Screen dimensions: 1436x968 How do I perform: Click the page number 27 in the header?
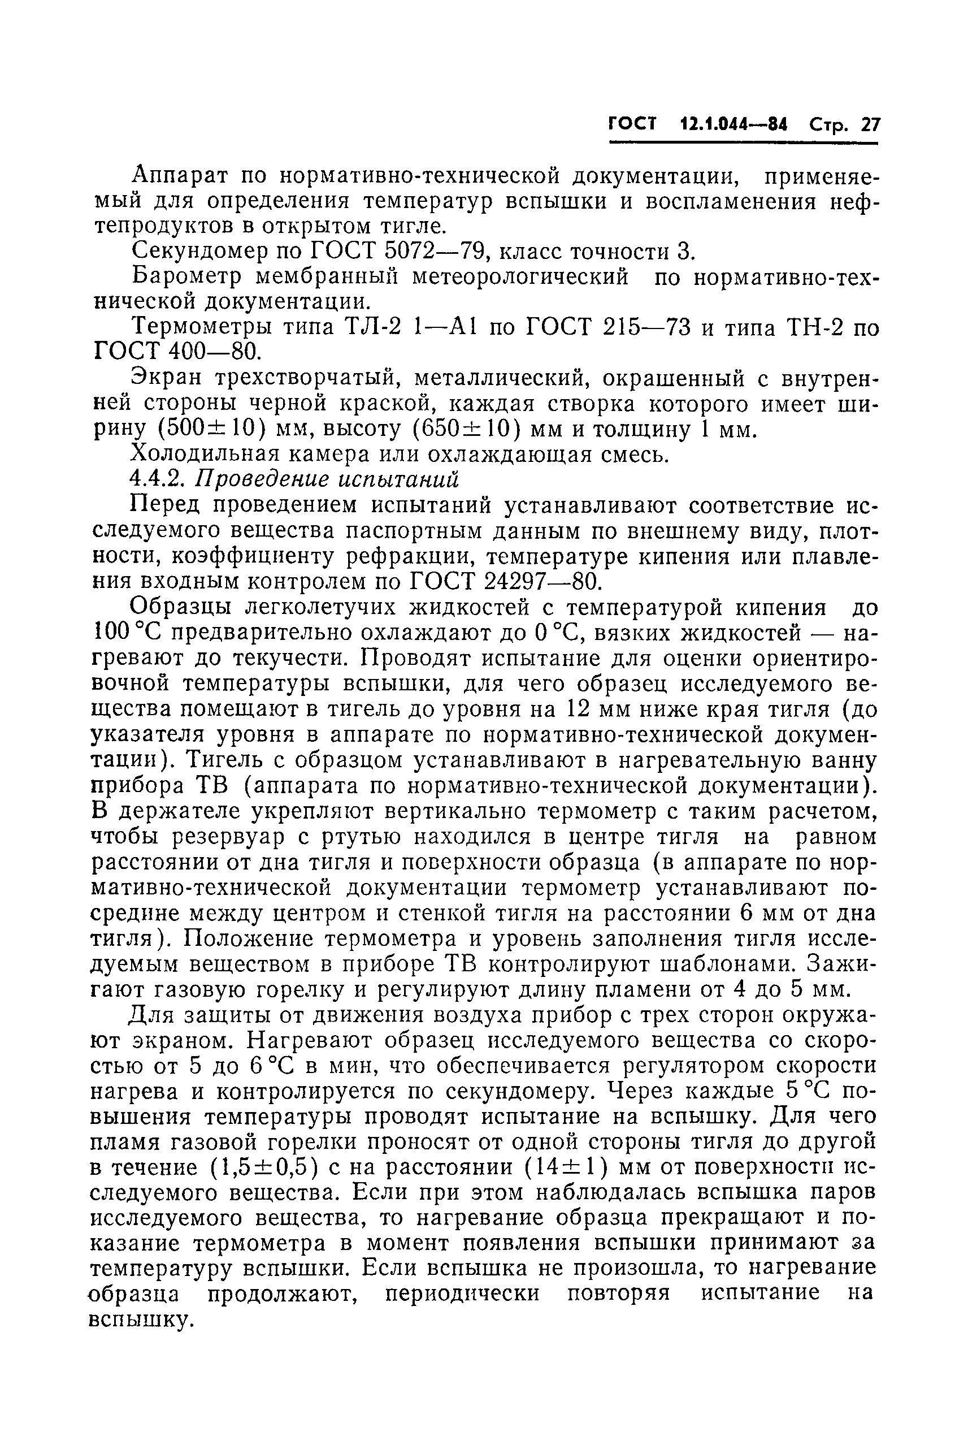[x=870, y=126]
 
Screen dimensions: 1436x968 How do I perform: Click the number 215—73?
[x=646, y=327]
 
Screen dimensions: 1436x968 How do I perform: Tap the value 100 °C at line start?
[x=127, y=633]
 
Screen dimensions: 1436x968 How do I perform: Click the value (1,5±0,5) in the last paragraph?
[x=264, y=1168]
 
